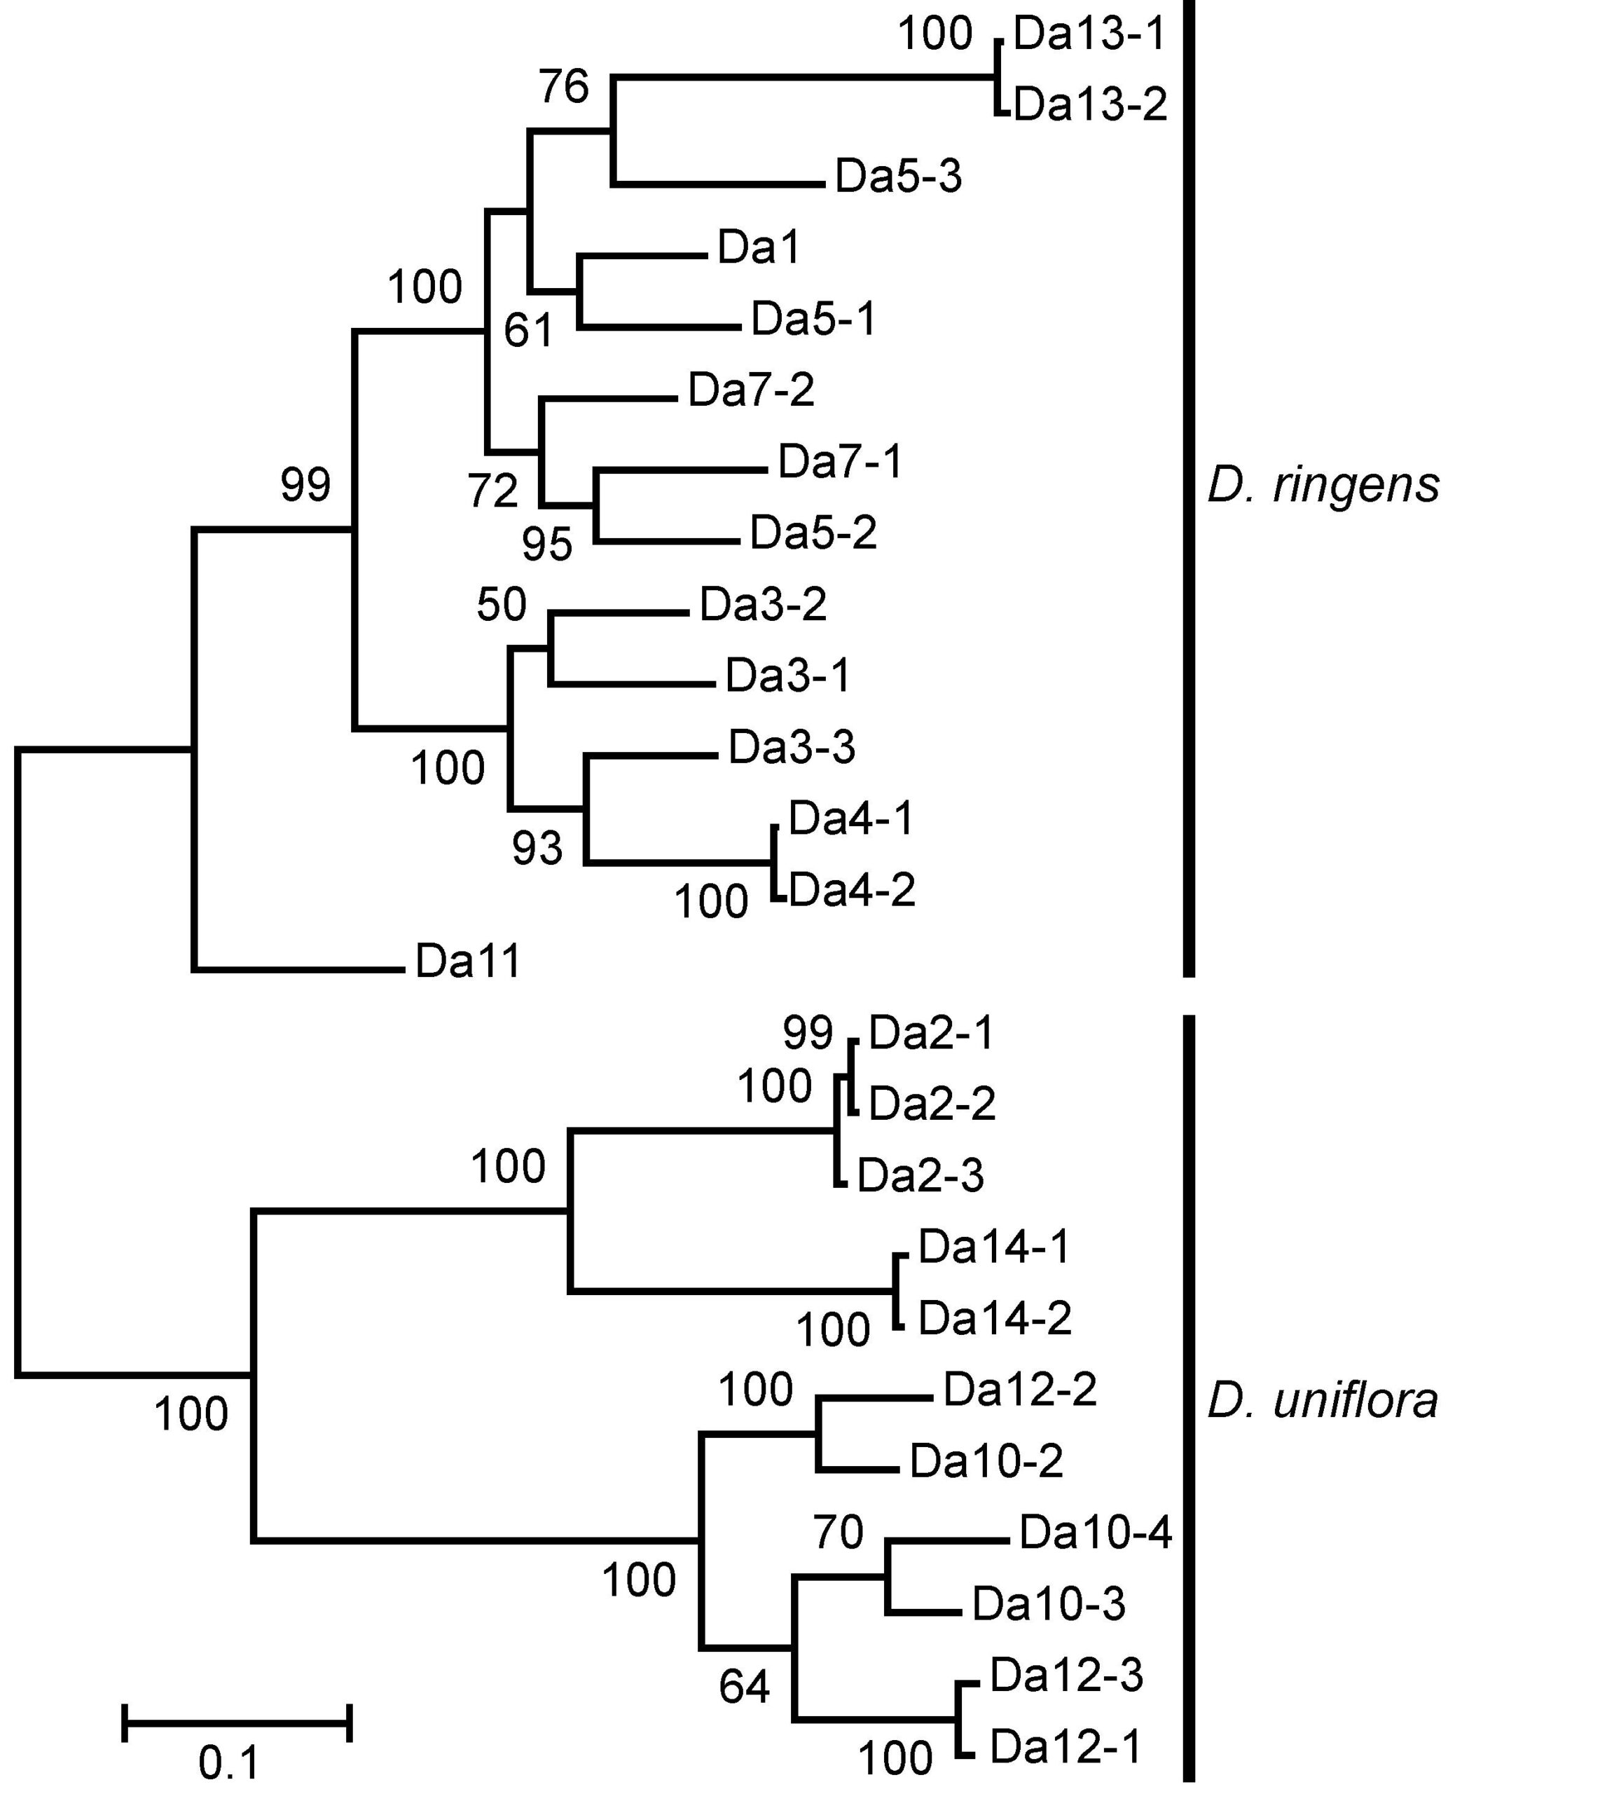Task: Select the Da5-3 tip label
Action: (898, 176)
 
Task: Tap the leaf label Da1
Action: (759, 247)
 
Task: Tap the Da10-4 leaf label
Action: (1095, 1533)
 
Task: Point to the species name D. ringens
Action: (1323, 485)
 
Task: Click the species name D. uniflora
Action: (1322, 1401)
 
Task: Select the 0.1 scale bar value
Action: (228, 1764)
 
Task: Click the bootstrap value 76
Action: (563, 87)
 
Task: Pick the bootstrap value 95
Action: (546, 545)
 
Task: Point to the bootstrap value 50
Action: (501, 605)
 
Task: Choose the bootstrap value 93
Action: (537, 849)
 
